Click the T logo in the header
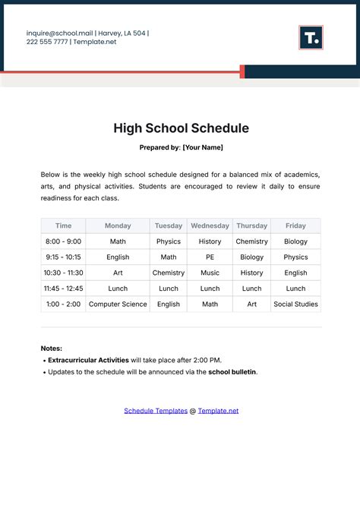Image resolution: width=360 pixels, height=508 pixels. tap(311, 37)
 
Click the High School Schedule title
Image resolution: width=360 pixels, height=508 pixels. tap(181, 128)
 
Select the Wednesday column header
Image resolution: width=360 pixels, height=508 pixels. tap(210, 226)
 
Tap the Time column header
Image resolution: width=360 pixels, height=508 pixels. tap(64, 226)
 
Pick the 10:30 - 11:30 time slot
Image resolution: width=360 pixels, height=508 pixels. tap(64, 273)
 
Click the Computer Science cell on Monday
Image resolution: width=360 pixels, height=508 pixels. tap(118, 304)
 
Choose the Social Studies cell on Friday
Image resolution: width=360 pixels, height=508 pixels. tap(295, 304)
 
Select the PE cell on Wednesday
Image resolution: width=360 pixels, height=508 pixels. tap(210, 257)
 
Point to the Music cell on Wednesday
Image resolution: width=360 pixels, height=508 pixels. tap(210, 273)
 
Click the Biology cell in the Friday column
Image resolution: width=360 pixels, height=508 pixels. tap(295, 241)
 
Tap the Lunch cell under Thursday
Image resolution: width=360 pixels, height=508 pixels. tap(251, 289)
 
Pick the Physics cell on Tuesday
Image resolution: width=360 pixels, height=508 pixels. tap(169, 241)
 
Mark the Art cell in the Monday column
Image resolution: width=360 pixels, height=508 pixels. tap(118, 273)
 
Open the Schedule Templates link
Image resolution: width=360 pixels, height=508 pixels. tap(156, 411)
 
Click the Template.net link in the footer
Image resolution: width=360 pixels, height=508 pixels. tap(218, 411)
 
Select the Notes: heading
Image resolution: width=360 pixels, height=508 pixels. tap(52, 348)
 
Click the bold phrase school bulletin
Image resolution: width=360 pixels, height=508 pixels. tap(232, 372)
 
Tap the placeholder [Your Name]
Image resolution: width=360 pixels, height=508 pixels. tap(203, 147)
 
